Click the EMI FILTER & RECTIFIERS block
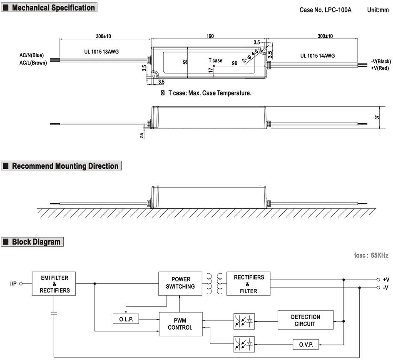coord(54,283)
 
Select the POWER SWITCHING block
coord(180,283)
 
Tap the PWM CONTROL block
coord(181,324)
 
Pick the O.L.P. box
coord(126,319)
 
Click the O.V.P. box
coord(306,345)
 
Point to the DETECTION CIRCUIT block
coord(306,320)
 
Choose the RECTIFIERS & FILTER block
coord(249,283)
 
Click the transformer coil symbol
coord(214,283)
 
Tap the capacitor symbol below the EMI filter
coord(54,313)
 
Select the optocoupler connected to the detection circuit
coord(244,321)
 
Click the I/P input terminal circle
coord(21,284)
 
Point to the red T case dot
coord(214,66)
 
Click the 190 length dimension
coord(210,36)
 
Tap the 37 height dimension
coord(377,117)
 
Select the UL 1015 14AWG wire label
coord(318,56)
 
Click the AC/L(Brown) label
coord(33,63)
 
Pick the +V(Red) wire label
coord(380,68)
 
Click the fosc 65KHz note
coord(371,255)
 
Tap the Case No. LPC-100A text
coord(325,10)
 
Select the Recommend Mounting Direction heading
coord(65,166)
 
